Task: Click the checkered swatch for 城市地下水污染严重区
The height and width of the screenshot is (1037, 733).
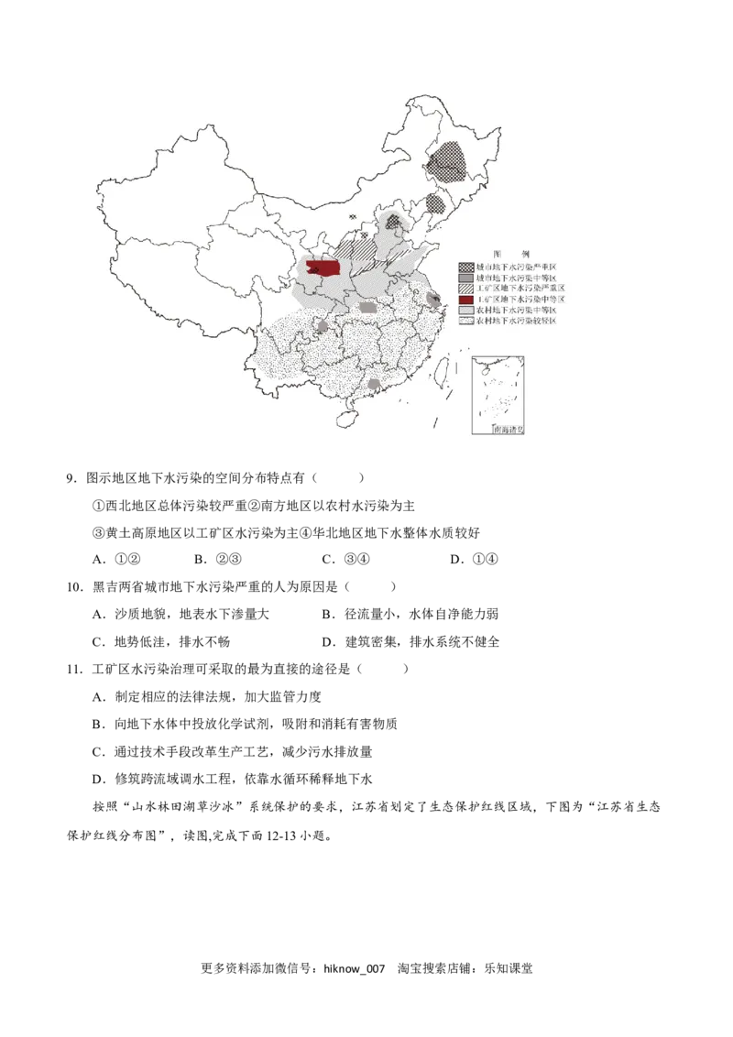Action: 465,267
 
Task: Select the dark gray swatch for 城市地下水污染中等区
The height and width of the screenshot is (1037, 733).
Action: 465,278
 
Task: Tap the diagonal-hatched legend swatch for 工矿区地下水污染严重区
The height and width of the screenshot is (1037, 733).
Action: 465,289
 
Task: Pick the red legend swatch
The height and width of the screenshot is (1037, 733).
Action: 465,300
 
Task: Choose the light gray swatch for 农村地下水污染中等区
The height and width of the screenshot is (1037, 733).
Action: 465,311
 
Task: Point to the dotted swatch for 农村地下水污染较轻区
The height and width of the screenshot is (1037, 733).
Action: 465,322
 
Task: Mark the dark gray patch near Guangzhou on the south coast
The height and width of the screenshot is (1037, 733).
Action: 374,385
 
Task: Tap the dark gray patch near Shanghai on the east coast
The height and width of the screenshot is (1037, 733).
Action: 432,297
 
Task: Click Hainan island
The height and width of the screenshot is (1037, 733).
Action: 345,417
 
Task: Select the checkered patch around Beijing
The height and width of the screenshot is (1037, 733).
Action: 394,221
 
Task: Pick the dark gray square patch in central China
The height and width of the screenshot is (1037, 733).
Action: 367,308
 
